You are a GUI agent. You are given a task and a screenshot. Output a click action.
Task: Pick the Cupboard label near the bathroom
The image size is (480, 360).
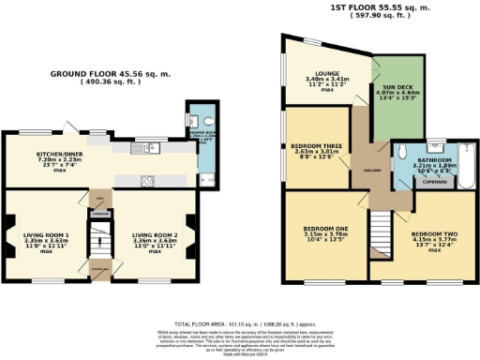[434, 183]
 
